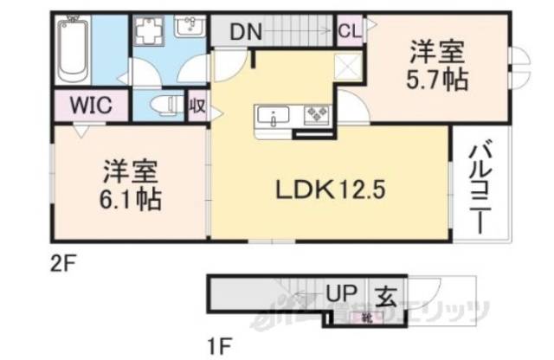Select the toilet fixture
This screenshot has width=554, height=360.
click(x=161, y=107)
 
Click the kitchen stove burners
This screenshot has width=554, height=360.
click(x=312, y=114)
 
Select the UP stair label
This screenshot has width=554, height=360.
click(x=339, y=292)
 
